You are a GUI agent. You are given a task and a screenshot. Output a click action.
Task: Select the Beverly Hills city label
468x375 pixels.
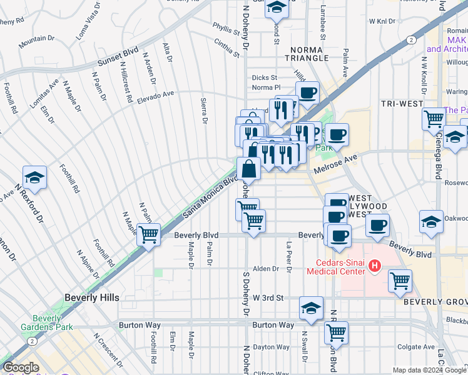(91, 298)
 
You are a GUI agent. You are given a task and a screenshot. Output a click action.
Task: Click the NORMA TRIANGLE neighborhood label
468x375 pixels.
(308, 54)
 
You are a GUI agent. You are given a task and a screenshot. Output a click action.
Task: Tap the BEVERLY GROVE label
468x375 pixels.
(435, 302)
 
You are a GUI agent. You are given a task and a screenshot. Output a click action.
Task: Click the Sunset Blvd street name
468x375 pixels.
(118, 56)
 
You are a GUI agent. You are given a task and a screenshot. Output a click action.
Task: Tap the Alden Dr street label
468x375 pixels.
(265, 268)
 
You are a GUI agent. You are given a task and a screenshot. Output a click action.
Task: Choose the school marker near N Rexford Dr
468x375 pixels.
(35, 177)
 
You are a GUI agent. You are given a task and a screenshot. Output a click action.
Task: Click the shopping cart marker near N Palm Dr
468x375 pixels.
(148, 235)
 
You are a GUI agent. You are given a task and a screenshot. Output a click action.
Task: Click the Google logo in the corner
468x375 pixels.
(21, 367)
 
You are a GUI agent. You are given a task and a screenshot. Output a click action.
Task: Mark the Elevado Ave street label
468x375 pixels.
(156, 94)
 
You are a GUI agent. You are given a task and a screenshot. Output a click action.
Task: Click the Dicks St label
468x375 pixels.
(260, 77)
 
